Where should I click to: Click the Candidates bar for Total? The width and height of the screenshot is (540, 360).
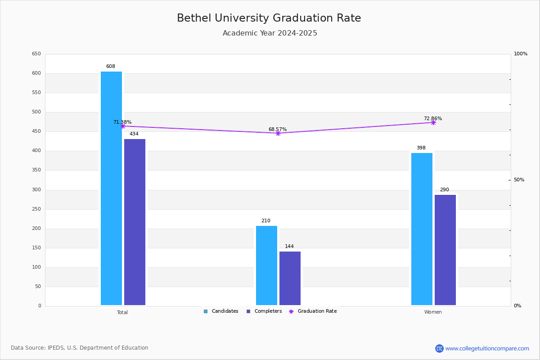[x=112, y=188]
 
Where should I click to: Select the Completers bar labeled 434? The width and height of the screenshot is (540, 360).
[x=135, y=222]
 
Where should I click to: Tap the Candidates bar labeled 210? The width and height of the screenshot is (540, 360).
[x=266, y=265]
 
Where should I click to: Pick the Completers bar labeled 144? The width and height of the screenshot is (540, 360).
[x=290, y=278]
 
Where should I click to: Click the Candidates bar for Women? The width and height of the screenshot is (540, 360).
[x=422, y=229]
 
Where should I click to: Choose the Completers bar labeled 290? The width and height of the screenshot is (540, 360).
[x=445, y=250]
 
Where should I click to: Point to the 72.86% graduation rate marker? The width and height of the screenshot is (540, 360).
[x=433, y=123]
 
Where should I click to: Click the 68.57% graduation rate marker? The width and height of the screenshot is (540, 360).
[x=278, y=133]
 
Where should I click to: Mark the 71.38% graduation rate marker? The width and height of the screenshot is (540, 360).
[x=123, y=126]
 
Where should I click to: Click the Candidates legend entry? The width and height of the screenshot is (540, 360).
[x=221, y=311]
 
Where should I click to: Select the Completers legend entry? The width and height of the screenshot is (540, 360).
[x=264, y=311]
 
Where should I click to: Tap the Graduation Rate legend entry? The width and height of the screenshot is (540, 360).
[x=313, y=311]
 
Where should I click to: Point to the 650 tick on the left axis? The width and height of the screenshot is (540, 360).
[x=36, y=54]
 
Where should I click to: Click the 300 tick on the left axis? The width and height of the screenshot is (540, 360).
[x=36, y=190]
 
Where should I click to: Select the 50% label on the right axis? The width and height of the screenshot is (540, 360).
[x=519, y=180]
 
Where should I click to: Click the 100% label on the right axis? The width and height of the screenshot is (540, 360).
[x=521, y=54]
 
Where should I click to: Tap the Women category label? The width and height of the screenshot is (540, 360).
[x=433, y=312]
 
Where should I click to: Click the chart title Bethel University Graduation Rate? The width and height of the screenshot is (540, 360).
[x=269, y=18]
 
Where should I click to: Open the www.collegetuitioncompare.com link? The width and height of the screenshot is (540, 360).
[x=487, y=348]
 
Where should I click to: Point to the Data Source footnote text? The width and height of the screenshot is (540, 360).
[x=80, y=348]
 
